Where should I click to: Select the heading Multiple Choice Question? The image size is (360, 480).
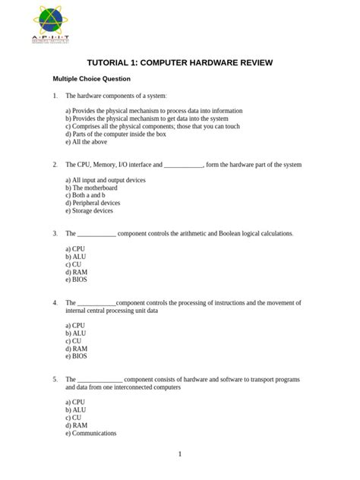[91, 79]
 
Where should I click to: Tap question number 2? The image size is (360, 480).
[55, 164]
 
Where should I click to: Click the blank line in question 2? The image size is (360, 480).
[183, 165]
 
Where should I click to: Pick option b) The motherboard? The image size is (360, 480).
[91, 188]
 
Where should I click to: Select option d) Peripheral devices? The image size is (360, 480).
[93, 204]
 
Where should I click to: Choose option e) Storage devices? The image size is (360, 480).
[89, 211]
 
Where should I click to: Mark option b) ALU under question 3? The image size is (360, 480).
[75, 257]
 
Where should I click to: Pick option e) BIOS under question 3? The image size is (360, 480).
[76, 279]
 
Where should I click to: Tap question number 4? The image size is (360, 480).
[55, 302]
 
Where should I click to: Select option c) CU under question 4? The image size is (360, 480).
[74, 341]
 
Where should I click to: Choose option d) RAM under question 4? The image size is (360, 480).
[76, 349]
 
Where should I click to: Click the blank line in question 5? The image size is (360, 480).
[99, 379]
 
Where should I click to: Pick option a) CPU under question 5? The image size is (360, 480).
[75, 402]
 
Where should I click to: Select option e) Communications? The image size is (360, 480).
[90, 433]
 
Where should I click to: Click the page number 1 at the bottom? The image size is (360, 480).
[180, 454]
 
